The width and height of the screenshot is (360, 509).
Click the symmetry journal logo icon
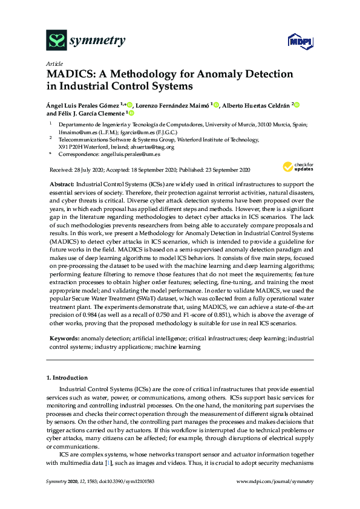click(56, 41)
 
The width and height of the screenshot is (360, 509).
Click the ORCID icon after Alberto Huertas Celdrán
click(298, 105)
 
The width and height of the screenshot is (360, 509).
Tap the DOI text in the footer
click(131, 481)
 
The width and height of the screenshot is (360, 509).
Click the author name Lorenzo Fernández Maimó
click(172, 105)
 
